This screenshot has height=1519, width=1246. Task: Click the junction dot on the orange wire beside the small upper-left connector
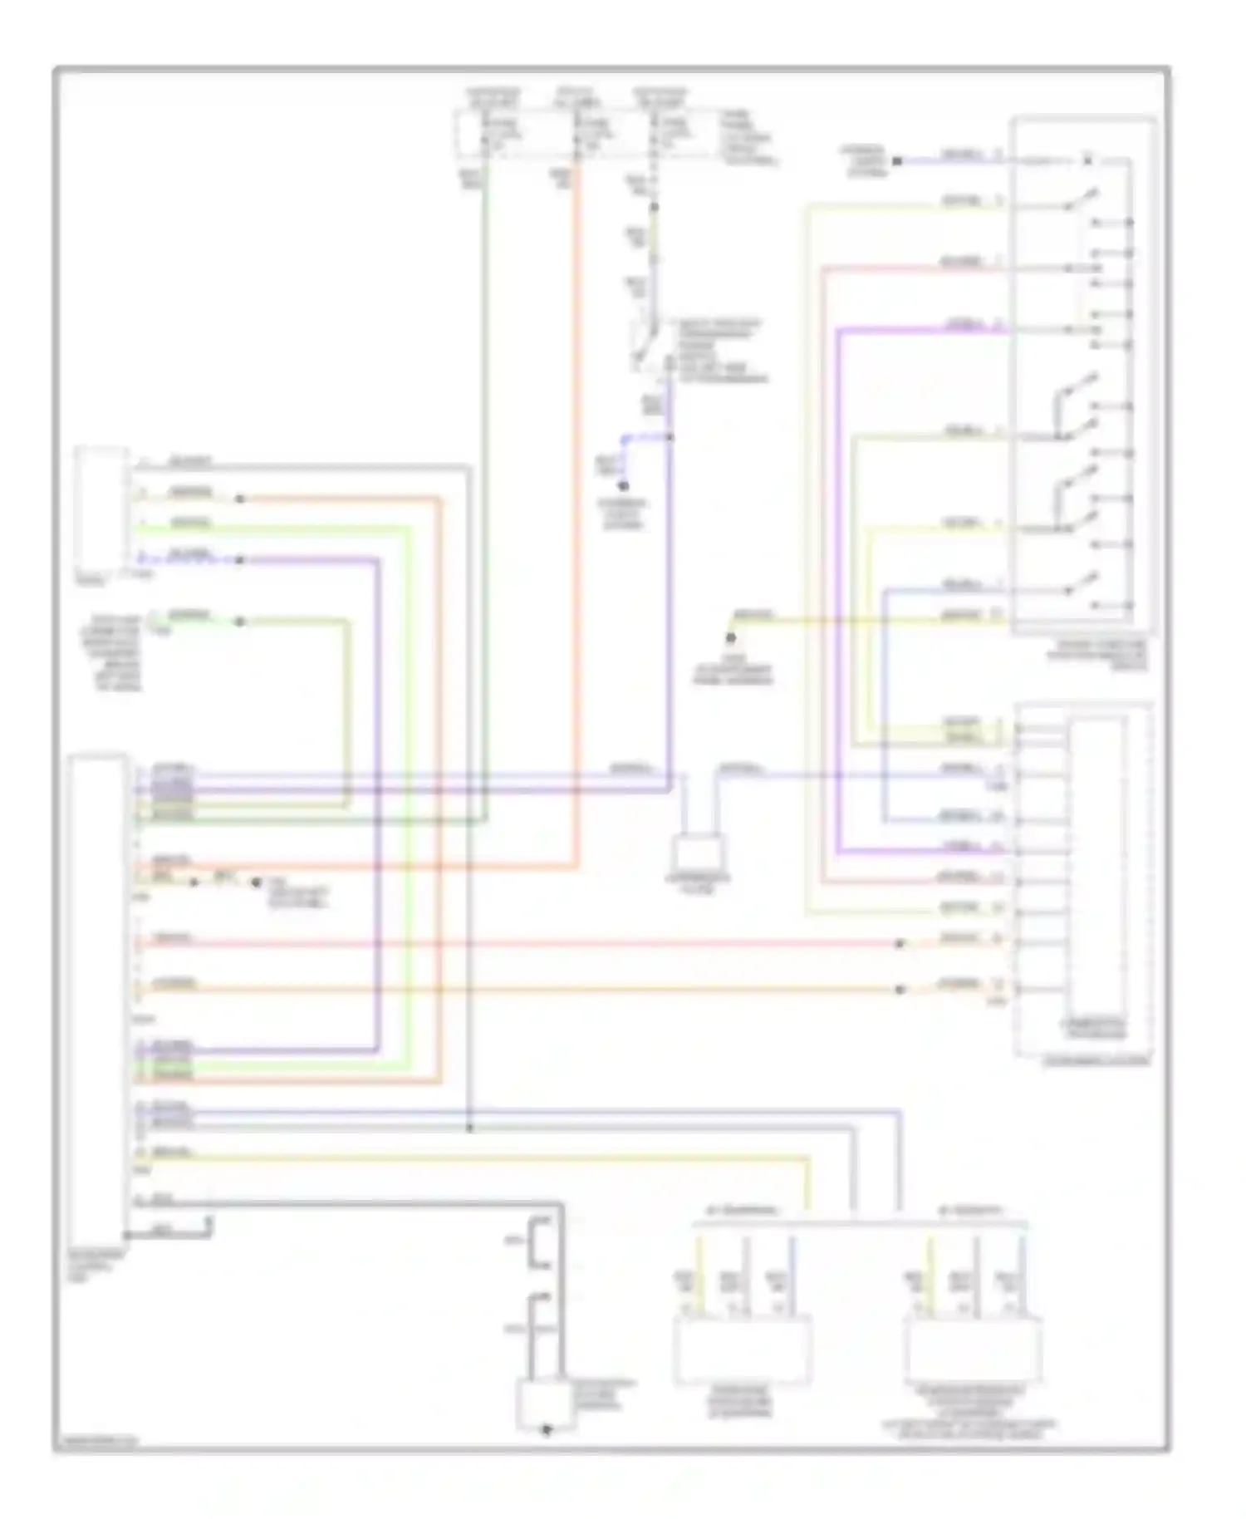click(x=239, y=499)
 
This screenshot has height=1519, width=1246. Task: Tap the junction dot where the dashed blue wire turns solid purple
click(x=239, y=560)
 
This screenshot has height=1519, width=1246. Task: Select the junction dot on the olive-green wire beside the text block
click(x=239, y=622)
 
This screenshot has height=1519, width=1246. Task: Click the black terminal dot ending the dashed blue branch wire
click(x=623, y=486)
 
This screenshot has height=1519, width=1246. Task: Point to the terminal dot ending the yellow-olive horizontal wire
click(x=731, y=638)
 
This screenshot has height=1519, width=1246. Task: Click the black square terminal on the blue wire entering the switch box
click(x=897, y=160)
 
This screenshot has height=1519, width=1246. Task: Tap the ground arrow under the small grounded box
click(x=546, y=1431)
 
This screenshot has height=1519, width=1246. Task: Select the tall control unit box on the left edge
click(x=98, y=997)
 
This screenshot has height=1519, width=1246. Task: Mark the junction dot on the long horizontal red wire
click(x=899, y=944)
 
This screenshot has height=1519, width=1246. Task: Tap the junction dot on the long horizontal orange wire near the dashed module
click(x=899, y=990)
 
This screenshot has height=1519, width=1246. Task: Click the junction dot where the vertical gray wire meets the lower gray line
click(x=469, y=1128)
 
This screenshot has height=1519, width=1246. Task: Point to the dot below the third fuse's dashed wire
click(x=655, y=207)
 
